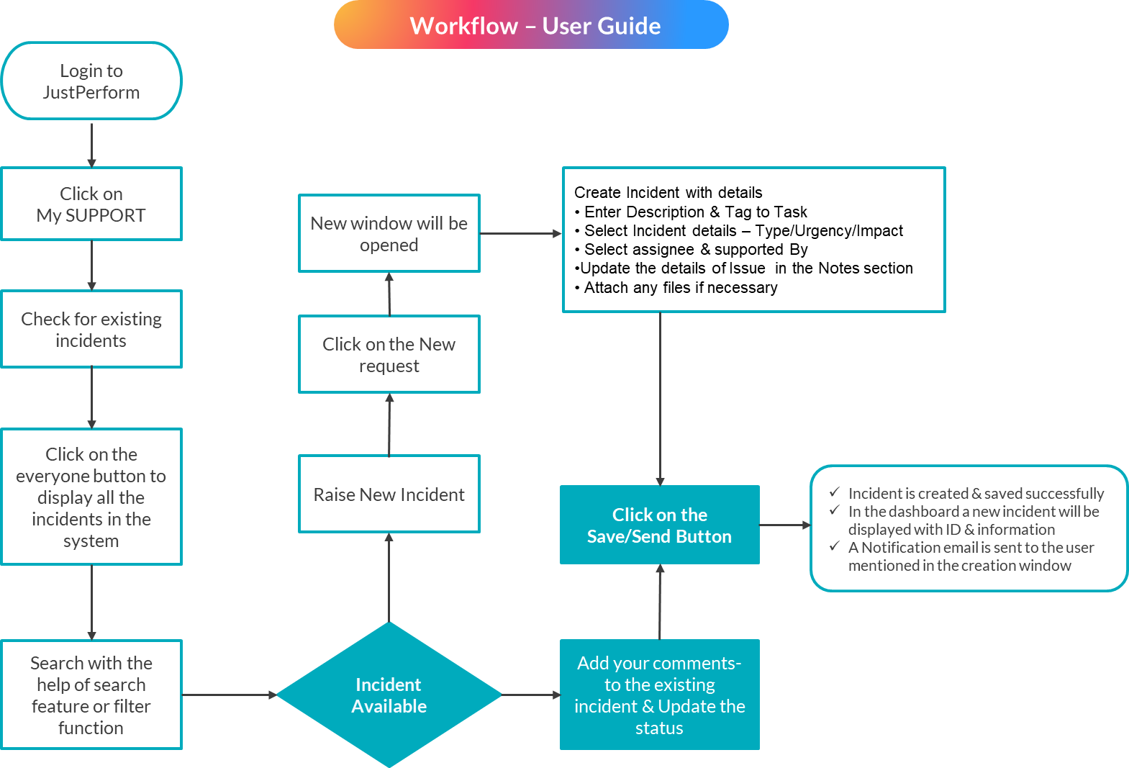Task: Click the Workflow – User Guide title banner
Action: [x=531, y=25]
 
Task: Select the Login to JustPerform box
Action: [x=91, y=81]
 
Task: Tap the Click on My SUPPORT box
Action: [x=91, y=204]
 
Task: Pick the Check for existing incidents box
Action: [x=91, y=330]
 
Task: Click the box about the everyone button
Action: [x=91, y=497]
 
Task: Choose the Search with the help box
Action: [x=91, y=695]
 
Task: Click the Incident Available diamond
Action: [x=389, y=695]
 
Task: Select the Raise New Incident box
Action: [x=389, y=494]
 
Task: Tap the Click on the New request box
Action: [x=389, y=355]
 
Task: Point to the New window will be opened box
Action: [x=389, y=234]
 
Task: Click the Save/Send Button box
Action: [x=660, y=525]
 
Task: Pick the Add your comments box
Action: [x=660, y=695]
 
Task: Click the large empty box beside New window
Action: [x=753, y=240]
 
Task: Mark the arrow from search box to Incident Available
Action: [x=229, y=695]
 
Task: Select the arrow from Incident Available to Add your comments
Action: [x=531, y=695]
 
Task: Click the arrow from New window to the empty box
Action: [x=520, y=233]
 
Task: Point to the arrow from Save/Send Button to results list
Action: [x=784, y=525]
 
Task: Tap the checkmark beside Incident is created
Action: [x=835, y=492]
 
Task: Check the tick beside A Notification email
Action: [x=835, y=546]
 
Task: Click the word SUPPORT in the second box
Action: [x=106, y=215]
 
